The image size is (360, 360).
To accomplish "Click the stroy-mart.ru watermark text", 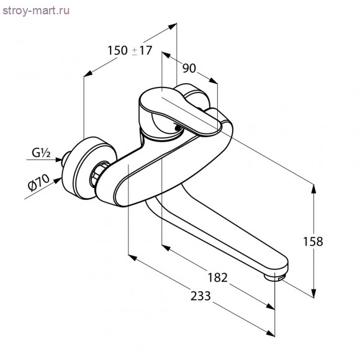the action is click(x=36, y=11).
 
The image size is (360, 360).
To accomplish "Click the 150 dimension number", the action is click(x=117, y=50).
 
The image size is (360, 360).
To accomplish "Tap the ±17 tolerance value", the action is click(x=142, y=50).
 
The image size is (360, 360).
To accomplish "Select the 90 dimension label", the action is click(x=189, y=68).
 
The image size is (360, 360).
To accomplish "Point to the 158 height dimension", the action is click(x=313, y=241).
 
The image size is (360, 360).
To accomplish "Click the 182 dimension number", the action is click(x=217, y=277).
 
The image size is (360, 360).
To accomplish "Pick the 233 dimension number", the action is click(x=200, y=296).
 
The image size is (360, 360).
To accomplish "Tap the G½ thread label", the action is click(x=41, y=153).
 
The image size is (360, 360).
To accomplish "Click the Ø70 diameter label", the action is click(x=38, y=182).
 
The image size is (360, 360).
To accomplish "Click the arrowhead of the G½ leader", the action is click(x=58, y=160).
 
